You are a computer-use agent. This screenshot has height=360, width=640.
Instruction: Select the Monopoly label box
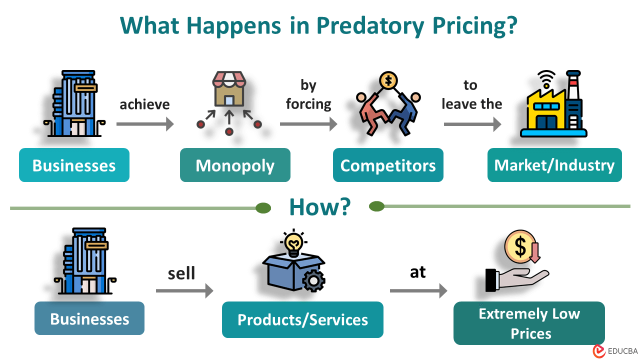tap(235, 165)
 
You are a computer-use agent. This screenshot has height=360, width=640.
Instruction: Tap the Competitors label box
tap(388, 165)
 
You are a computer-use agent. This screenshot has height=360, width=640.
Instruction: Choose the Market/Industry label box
tap(554, 165)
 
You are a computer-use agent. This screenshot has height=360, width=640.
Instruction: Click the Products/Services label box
tap(302, 319)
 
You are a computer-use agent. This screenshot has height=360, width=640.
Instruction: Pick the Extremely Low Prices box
tap(529, 323)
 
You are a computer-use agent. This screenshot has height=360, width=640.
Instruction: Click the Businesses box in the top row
tap(74, 165)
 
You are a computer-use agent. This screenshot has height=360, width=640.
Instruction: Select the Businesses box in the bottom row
tap(89, 318)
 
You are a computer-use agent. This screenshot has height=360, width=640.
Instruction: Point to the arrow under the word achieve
tap(145, 124)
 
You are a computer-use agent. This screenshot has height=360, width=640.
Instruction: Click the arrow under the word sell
tap(184, 290)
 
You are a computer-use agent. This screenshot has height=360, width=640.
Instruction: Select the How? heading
tap(320, 206)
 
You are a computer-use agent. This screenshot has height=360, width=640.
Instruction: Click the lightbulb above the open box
tap(293, 242)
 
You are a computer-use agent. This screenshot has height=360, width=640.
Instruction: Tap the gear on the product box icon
tap(313, 281)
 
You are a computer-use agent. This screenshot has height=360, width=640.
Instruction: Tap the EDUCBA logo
tap(614, 351)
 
